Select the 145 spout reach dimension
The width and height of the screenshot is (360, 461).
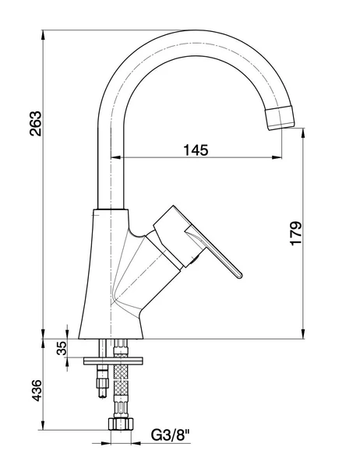coord(196,150)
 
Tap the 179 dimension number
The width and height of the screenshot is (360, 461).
coord(295,234)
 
